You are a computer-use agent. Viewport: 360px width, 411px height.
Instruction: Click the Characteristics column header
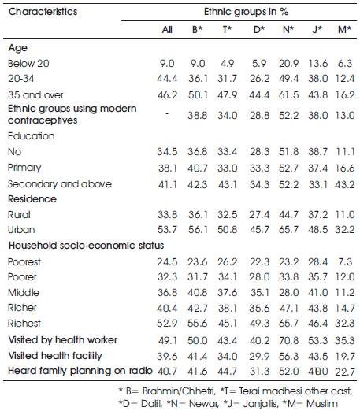[43, 12]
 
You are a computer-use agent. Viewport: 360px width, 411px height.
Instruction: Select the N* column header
[288, 29]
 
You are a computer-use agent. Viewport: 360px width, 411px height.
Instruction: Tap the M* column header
[344, 29]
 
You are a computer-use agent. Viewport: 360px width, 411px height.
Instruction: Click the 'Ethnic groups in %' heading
[246, 12]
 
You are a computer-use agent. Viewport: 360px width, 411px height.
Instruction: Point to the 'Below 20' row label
[28, 64]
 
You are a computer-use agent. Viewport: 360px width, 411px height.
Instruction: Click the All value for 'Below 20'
[167, 64]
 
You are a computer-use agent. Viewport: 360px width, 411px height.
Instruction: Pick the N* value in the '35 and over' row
[288, 94]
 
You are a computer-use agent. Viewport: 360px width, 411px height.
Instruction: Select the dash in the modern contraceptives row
[167, 114]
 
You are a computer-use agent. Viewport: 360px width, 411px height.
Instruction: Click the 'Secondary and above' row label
[60, 184]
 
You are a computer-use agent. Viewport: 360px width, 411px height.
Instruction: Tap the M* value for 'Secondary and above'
[344, 184]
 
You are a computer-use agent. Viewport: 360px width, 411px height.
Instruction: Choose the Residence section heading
[32, 199]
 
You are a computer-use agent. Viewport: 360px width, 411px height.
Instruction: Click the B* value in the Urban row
[198, 230]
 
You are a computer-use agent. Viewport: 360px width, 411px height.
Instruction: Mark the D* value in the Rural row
[259, 215]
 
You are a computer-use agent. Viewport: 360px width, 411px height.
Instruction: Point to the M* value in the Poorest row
[344, 261]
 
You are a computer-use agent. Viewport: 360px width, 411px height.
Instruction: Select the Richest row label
[24, 323]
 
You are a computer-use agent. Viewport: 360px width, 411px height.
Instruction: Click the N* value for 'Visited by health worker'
[288, 340]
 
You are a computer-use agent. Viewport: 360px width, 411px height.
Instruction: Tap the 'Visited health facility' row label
[55, 356]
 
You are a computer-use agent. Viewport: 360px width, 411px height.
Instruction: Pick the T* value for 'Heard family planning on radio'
[228, 372]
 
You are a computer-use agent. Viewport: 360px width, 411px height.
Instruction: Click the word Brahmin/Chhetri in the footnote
[179, 391]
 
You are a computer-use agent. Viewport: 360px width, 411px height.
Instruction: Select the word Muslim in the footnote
[322, 403]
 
